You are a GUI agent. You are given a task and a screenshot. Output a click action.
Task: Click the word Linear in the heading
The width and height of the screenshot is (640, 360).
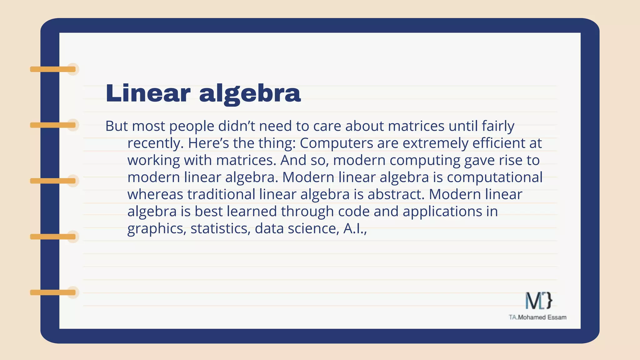click(x=148, y=93)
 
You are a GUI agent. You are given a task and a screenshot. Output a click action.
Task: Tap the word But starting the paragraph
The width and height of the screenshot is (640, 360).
click(x=116, y=126)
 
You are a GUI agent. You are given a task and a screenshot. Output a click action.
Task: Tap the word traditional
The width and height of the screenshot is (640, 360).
click(x=221, y=194)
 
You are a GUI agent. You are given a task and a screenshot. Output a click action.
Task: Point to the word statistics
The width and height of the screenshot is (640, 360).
click(x=220, y=228)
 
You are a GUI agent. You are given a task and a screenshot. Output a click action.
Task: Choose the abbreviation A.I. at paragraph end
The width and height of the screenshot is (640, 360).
click(x=355, y=228)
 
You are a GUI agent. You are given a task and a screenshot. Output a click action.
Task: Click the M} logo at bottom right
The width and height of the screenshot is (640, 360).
click(x=538, y=301)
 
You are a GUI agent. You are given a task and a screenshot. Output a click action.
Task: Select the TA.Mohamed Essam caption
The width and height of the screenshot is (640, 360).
click(x=537, y=317)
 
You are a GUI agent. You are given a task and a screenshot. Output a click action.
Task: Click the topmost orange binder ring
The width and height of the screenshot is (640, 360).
click(x=53, y=69)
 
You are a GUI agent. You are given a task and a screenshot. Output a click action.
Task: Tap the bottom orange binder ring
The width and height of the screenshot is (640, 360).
click(x=53, y=292)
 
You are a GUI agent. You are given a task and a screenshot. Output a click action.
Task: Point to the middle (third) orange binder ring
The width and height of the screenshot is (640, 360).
click(x=53, y=181)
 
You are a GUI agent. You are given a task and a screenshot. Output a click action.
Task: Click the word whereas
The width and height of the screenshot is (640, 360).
click(x=155, y=194)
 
